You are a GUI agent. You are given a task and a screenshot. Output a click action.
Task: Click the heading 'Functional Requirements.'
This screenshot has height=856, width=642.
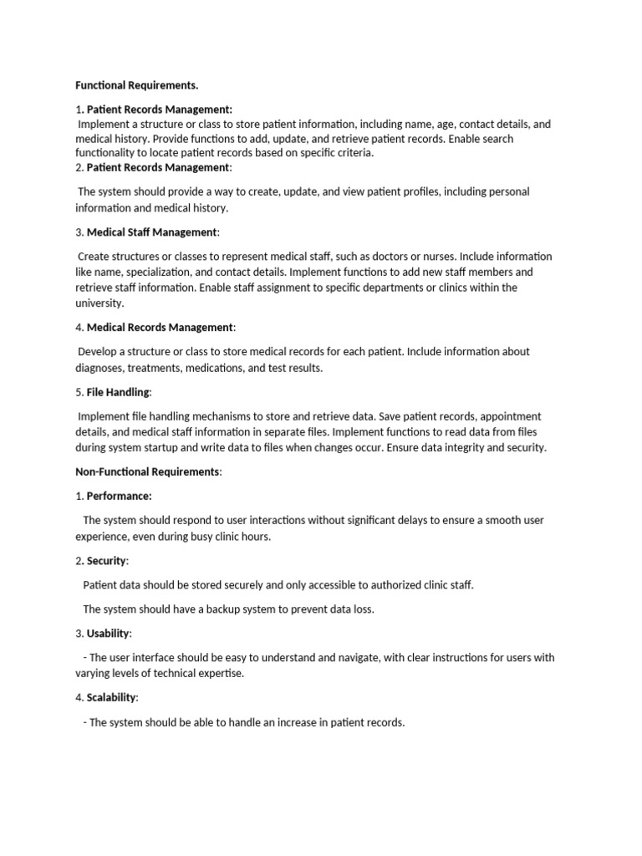click(137, 85)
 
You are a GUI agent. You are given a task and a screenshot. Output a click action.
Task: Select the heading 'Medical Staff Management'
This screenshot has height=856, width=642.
click(152, 232)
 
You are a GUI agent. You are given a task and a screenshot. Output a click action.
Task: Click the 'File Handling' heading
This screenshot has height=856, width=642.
click(119, 391)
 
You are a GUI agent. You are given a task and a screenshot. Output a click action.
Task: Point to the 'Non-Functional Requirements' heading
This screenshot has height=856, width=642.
click(147, 471)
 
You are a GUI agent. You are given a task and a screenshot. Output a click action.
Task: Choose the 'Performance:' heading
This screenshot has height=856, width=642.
click(119, 496)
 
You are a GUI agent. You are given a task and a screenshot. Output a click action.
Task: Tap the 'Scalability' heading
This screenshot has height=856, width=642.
click(112, 697)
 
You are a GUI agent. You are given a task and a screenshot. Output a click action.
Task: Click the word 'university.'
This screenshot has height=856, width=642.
click(99, 303)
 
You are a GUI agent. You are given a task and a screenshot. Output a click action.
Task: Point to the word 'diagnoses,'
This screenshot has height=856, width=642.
click(102, 368)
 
